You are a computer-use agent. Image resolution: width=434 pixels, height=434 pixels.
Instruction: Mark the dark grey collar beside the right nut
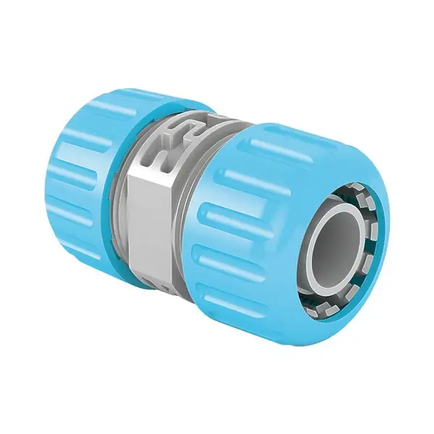pos(192,239)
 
